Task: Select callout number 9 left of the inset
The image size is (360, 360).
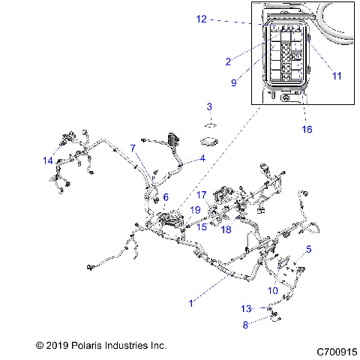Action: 234,82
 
